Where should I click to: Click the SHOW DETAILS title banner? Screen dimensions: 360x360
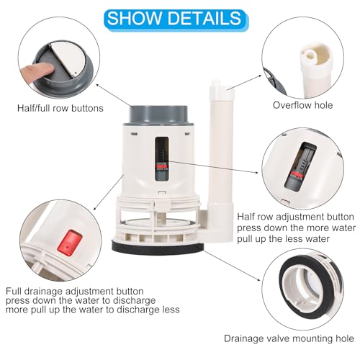click(x=176, y=20)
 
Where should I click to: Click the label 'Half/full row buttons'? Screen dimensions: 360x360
click(x=60, y=108)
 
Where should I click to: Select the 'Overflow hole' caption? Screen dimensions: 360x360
click(x=302, y=105)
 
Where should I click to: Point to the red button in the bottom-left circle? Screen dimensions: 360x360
click(x=70, y=243)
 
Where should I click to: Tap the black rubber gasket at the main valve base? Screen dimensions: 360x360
click(x=158, y=248)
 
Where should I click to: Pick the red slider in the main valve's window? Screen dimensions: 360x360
click(x=161, y=166)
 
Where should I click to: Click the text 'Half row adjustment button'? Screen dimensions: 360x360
click(x=295, y=217)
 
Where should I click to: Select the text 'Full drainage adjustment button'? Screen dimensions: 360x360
click(x=75, y=292)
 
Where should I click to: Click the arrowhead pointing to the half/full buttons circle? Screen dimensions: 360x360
click(x=97, y=85)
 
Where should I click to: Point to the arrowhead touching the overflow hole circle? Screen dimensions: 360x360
click(x=260, y=76)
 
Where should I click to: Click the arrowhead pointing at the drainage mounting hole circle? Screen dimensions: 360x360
click(x=258, y=279)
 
